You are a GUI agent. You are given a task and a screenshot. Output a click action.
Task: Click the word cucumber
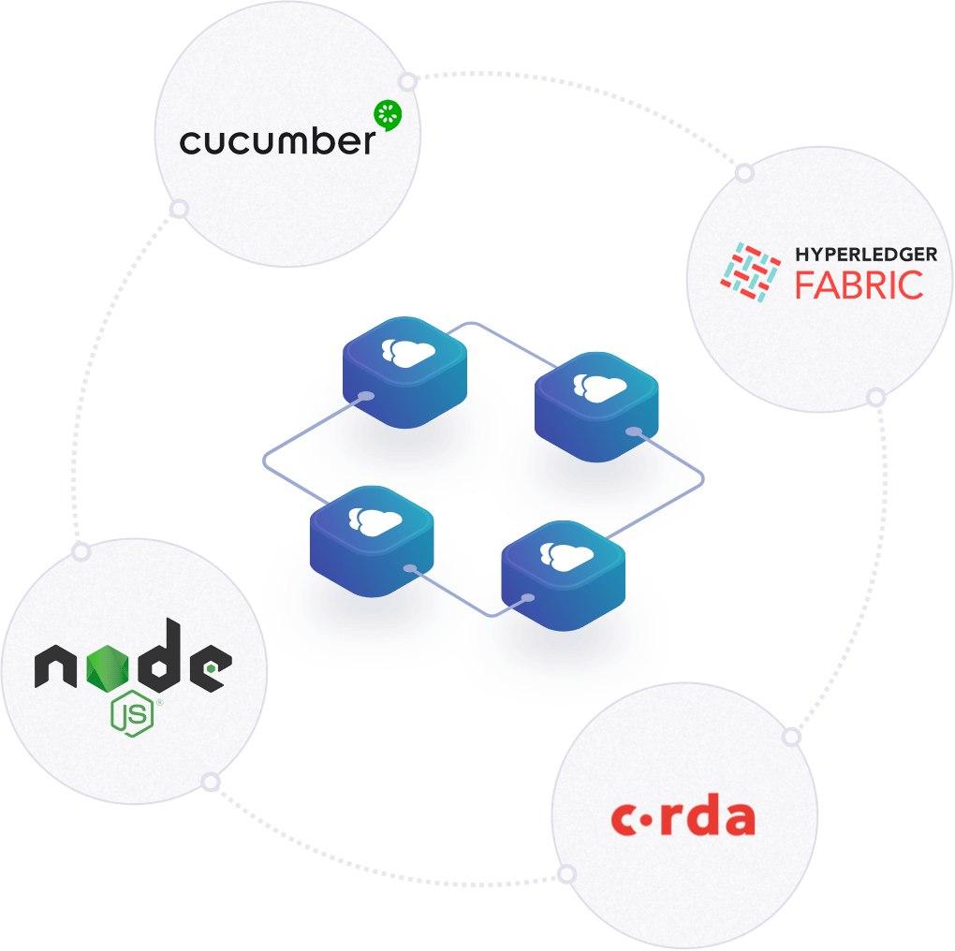pos(277,140)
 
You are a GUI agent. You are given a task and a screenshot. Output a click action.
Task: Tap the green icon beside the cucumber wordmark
pos(387,115)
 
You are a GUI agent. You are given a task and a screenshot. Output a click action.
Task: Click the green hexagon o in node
pos(108,668)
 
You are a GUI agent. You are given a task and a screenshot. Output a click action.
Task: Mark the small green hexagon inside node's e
pos(212,668)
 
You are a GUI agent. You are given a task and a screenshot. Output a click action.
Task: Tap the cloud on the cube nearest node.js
pos(372,519)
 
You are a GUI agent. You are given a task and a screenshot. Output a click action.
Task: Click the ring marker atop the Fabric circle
pos(744,173)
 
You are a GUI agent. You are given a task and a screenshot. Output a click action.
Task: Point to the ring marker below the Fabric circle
pos(875,398)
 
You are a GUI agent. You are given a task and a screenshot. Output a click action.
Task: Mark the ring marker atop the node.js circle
pos(81,552)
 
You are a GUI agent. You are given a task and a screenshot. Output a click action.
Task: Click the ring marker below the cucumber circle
pos(178,209)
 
